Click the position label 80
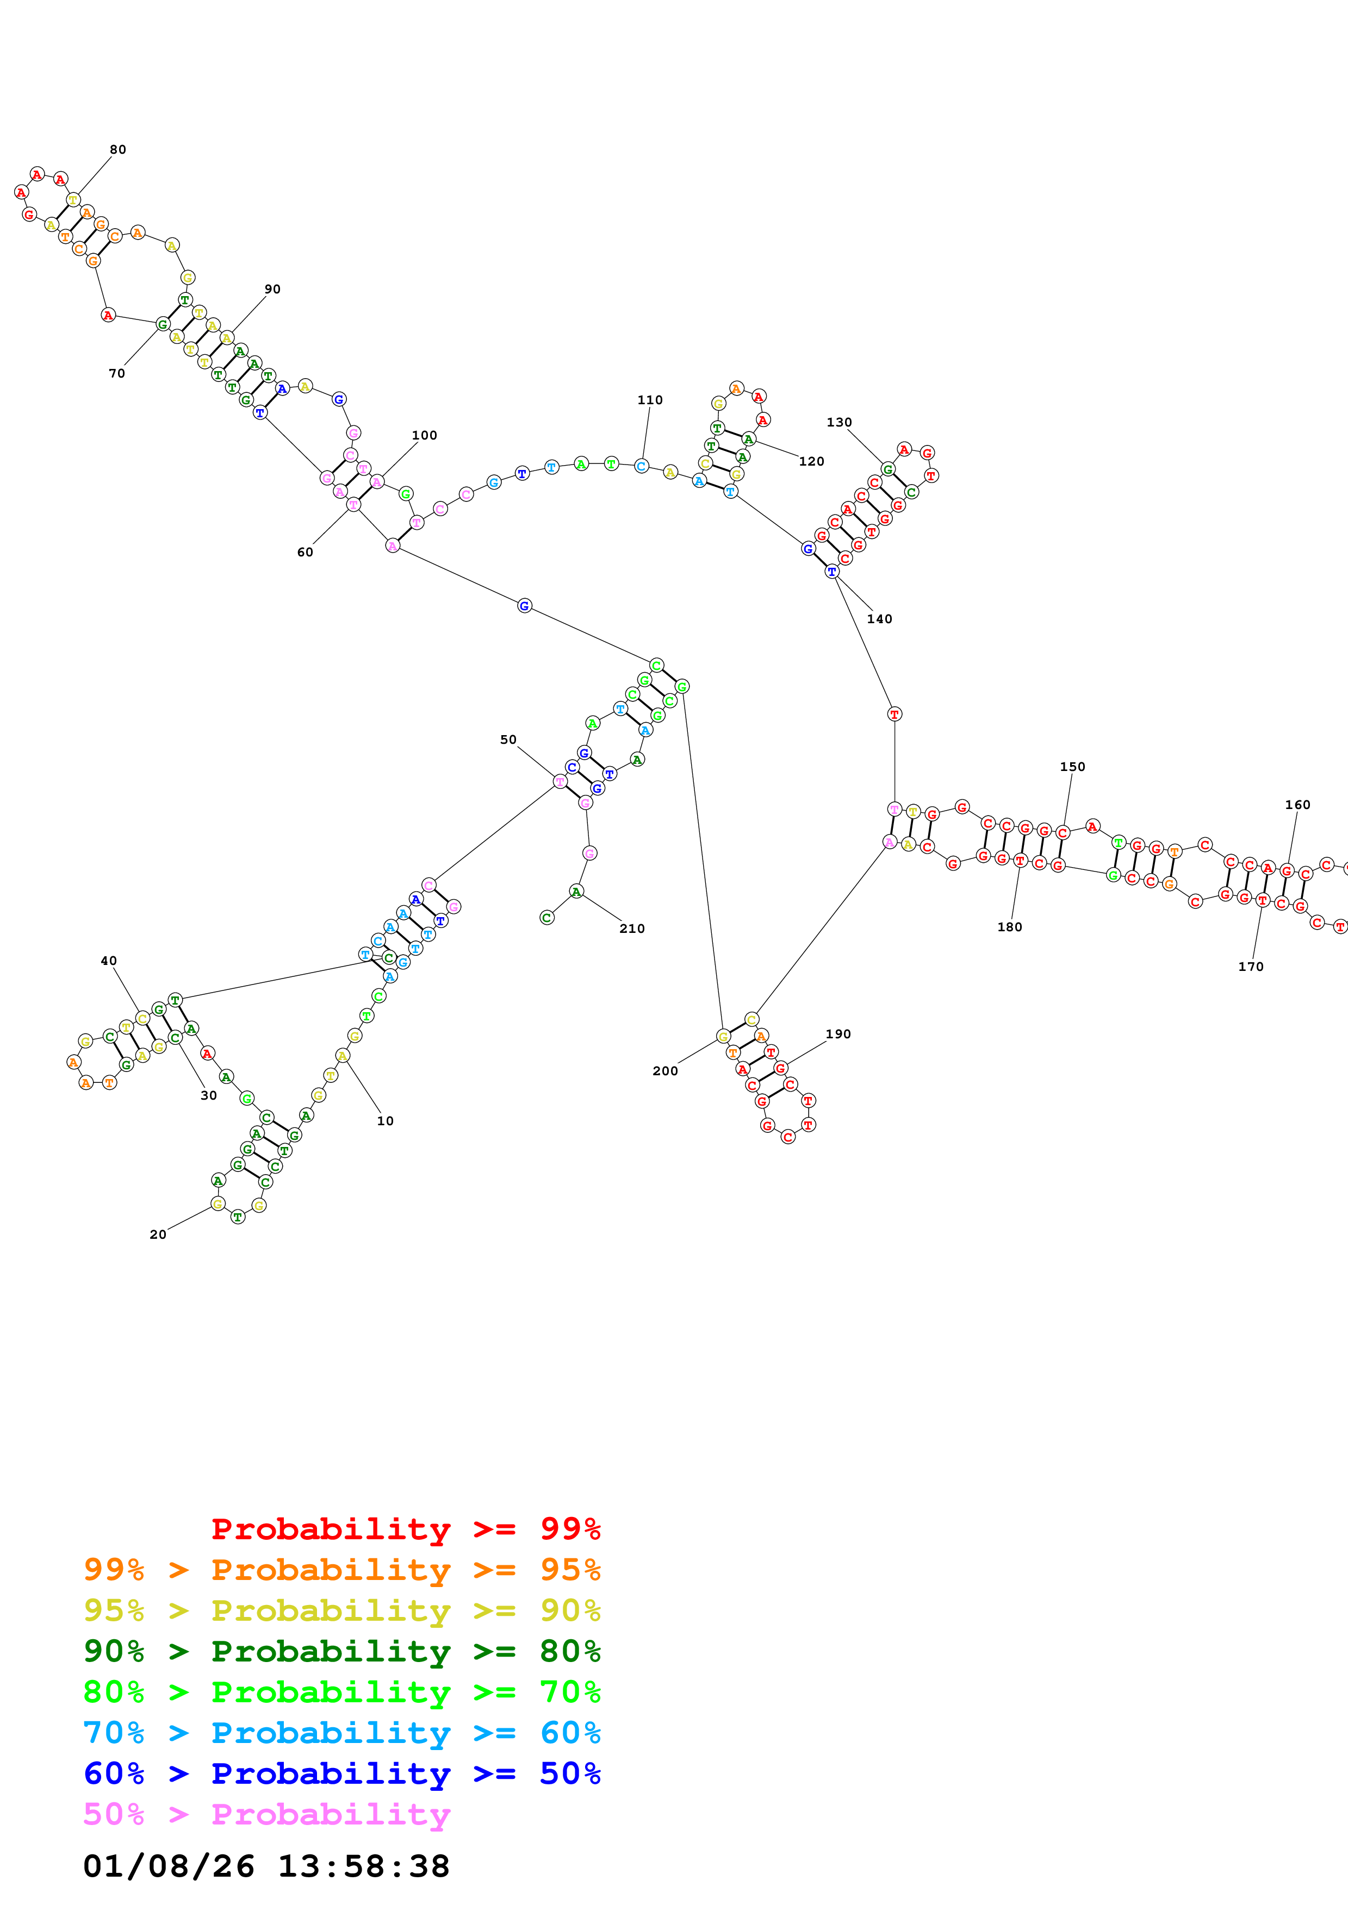(x=118, y=149)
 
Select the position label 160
(x=1297, y=805)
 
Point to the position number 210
(x=632, y=928)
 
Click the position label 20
(x=158, y=1234)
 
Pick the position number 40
(x=109, y=961)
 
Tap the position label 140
(x=880, y=618)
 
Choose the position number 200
(x=665, y=1071)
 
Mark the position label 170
(x=1251, y=966)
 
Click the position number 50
(x=508, y=739)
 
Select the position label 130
(x=839, y=422)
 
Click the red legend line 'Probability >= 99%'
(x=405, y=1528)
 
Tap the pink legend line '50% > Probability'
(x=266, y=1814)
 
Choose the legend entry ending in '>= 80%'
(x=342, y=1651)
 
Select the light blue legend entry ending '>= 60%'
(x=342, y=1733)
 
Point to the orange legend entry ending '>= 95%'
(x=342, y=1569)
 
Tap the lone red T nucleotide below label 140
(x=894, y=714)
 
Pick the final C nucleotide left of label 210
(x=546, y=917)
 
